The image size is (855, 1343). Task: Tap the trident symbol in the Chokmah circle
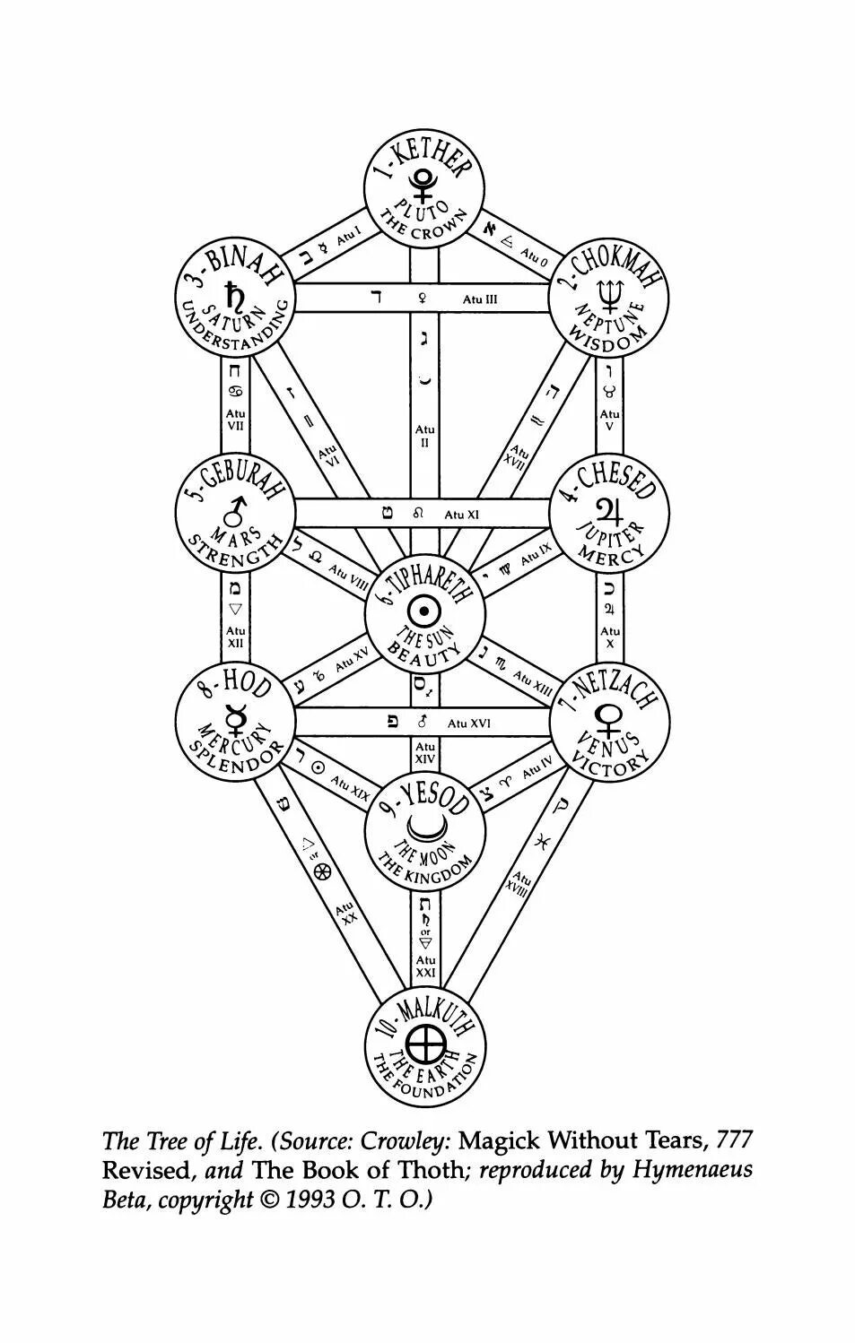coord(609,292)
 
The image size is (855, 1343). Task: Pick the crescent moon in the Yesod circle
coord(423,825)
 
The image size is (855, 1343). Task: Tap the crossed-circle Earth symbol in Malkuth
coord(424,1044)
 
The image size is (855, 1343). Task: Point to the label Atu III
coord(479,299)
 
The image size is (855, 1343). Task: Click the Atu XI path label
coord(461,515)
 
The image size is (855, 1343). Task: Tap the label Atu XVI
coord(468,723)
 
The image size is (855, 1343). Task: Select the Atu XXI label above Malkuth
coord(425,966)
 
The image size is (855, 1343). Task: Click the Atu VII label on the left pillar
coord(235,420)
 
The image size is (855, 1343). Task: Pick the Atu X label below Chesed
coord(609,637)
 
